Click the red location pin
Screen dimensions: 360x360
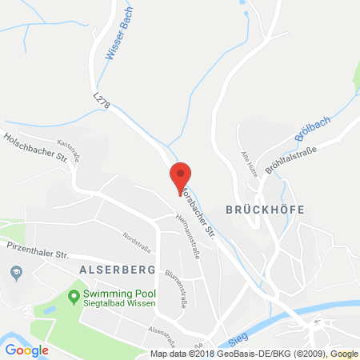182,176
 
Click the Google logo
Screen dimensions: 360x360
26,350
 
